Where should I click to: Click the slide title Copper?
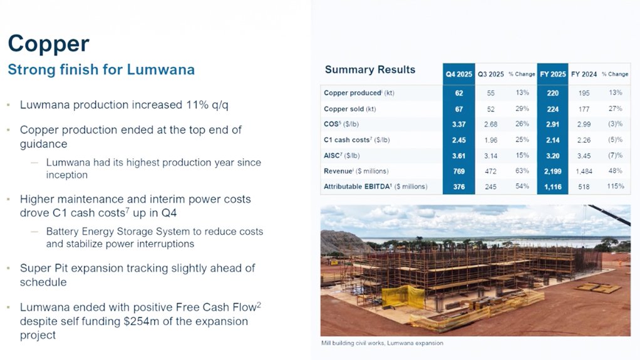pyautogui.click(x=48, y=44)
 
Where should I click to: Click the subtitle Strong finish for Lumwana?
pyautogui.click(x=101, y=69)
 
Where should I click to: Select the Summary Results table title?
pyautogui.click(x=370, y=69)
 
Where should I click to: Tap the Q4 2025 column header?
pyautogui.click(x=458, y=74)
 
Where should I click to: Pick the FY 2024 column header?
pyautogui.click(x=584, y=74)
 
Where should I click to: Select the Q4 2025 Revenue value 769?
pyautogui.click(x=458, y=171)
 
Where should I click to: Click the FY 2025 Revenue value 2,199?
pyautogui.click(x=552, y=171)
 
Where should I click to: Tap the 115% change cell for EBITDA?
pyautogui.click(x=615, y=187)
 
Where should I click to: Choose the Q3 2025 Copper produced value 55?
pyautogui.click(x=490, y=93)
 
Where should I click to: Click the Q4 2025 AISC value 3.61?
pyautogui.click(x=458, y=155)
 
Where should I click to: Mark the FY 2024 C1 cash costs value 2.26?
pyautogui.click(x=584, y=140)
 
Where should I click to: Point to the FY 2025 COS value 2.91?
pyautogui.click(x=552, y=124)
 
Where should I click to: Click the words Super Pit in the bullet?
pyautogui.click(x=46, y=268)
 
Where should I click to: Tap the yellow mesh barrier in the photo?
pyautogui.click(x=404, y=297)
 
